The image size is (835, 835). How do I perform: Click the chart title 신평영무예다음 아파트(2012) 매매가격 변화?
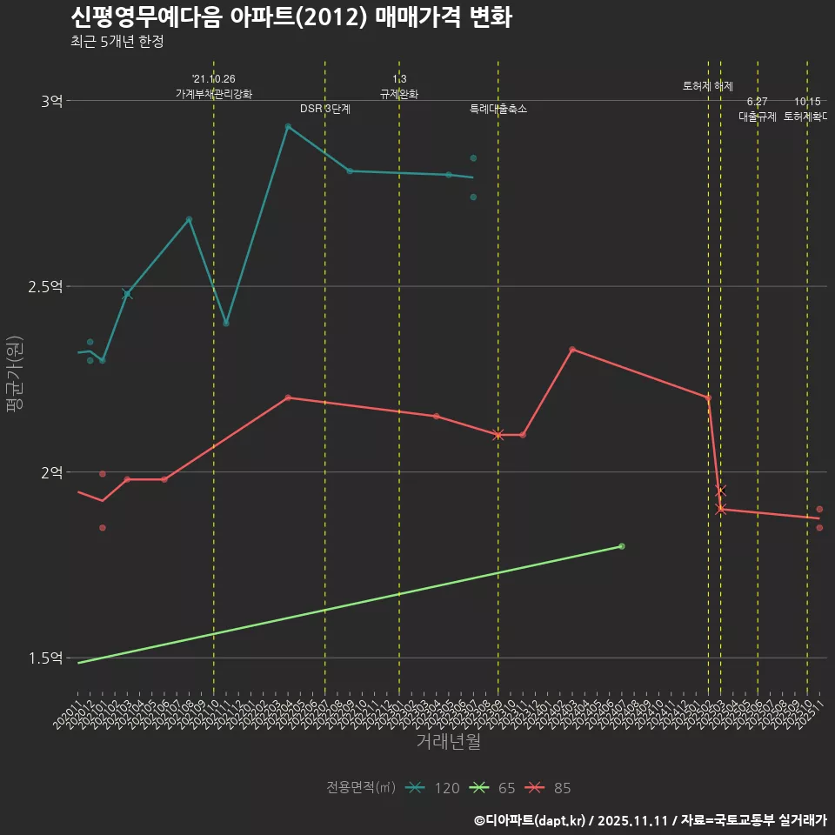tap(291, 17)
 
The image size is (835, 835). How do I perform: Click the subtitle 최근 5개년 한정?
tap(117, 42)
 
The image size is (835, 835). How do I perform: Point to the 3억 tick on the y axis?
tap(51, 101)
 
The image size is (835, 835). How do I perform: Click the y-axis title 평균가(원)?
tap(17, 378)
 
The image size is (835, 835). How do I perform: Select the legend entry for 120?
tap(432, 788)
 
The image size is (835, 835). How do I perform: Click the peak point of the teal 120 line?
tap(288, 126)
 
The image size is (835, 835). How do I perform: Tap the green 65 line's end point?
tap(621, 546)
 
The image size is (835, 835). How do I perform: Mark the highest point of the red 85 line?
tap(571, 349)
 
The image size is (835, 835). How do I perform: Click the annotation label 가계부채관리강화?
tap(214, 94)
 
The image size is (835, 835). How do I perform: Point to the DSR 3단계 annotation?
tap(325, 110)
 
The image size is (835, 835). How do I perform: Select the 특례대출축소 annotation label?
tap(498, 110)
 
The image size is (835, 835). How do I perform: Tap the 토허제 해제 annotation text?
tap(708, 87)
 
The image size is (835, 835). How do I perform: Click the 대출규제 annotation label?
tap(757, 117)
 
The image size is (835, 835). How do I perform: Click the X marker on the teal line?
tap(127, 294)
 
